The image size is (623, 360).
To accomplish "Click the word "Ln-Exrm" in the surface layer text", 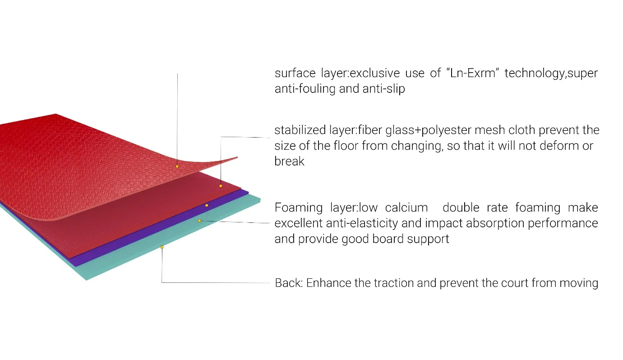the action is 472,73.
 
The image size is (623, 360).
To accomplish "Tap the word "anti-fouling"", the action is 305,89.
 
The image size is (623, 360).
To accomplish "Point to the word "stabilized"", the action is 300,130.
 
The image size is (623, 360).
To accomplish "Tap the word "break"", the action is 289,162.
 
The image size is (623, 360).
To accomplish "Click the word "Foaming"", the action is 299,208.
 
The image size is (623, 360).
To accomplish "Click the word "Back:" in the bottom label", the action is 289,283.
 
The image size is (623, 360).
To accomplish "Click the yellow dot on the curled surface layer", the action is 177,166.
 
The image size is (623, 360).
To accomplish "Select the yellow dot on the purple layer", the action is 207,205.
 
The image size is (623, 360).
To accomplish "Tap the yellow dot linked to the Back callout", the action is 162,247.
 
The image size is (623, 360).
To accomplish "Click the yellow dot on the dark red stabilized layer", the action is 221,186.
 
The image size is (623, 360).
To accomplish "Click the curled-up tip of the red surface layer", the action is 237,157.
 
